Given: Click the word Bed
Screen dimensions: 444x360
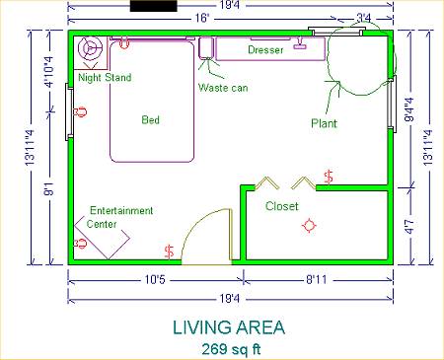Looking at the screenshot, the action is (x=151, y=119).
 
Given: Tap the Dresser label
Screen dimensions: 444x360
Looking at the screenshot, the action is (x=265, y=50).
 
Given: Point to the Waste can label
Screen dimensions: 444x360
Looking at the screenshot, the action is (x=223, y=88).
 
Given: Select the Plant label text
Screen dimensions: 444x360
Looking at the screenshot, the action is (x=324, y=123).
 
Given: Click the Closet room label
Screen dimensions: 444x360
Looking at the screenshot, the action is (x=282, y=206).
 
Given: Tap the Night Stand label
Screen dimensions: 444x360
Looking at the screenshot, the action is (x=105, y=78).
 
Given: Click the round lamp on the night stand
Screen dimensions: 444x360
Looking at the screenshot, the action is (x=90, y=48).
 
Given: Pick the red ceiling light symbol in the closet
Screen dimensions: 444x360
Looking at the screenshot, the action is (x=309, y=226).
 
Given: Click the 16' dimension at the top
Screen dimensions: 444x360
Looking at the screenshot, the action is (x=201, y=18).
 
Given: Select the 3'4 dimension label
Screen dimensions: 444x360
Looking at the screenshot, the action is (x=364, y=18).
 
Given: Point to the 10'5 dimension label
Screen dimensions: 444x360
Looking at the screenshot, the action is (x=155, y=280).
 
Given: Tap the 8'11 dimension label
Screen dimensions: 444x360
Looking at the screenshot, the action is (x=316, y=280).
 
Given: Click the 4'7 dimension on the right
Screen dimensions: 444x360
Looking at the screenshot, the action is (x=409, y=227).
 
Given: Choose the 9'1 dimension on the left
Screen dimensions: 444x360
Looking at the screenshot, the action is (x=49, y=188).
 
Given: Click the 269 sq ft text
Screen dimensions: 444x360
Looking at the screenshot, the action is (x=231, y=349).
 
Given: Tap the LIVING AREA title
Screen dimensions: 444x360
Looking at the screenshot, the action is (x=229, y=327).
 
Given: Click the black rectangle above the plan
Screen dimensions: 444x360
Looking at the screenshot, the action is (x=154, y=6).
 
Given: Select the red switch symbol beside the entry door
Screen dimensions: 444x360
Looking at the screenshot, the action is (x=170, y=252).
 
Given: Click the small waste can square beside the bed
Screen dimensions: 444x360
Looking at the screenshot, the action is (x=206, y=48).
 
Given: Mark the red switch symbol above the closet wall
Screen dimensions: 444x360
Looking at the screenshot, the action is (x=329, y=177).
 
